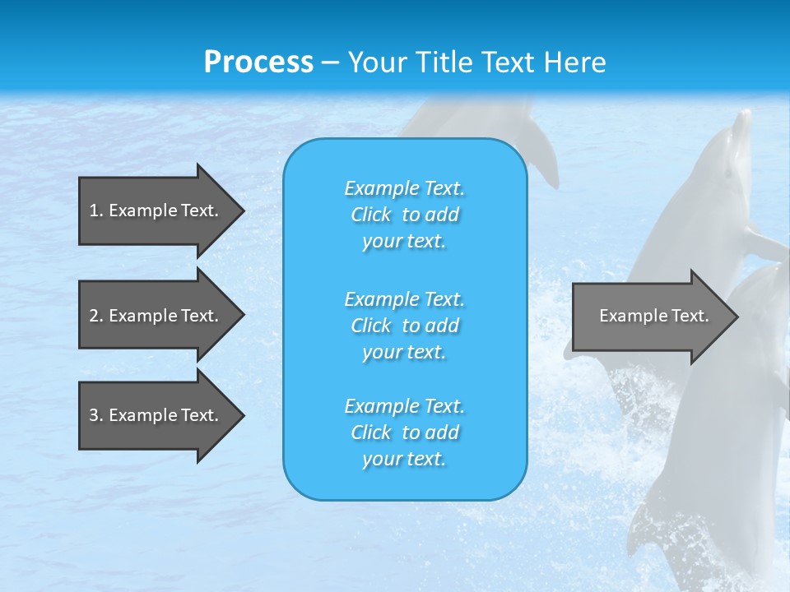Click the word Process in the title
(258, 62)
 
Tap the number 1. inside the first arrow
(96, 210)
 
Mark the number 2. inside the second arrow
(96, 316)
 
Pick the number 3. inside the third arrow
(96, 415)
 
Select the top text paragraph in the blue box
(404, 215)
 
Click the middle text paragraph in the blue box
(404, 326)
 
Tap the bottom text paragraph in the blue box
(404, 432)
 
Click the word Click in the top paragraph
(371, 215)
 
